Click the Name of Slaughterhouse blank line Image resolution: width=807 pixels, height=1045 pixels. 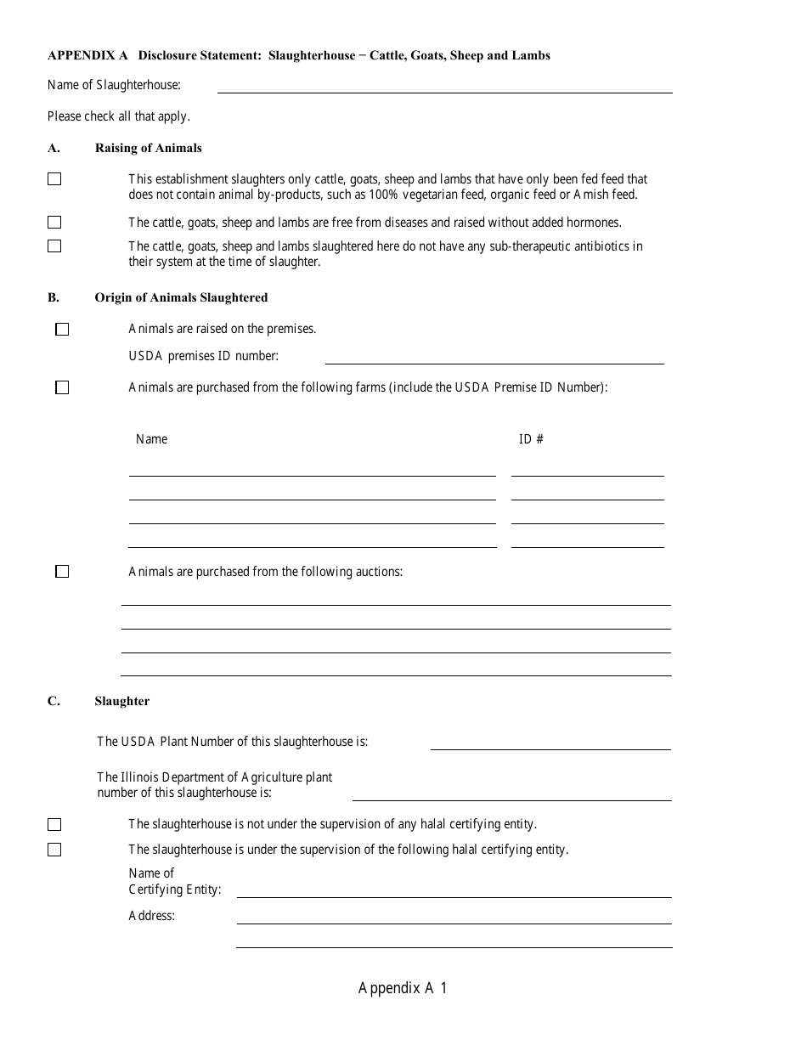(444, 87)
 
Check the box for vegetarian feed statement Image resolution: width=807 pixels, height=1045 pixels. (54, 179)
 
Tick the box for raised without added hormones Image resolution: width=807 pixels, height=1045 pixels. (54, 223)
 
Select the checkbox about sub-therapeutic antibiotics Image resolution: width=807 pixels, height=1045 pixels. (54, 246)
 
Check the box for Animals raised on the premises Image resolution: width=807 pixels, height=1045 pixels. (62, 330)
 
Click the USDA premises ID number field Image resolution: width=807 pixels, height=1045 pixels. (494, 358)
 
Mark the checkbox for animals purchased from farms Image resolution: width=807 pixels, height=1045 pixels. (62, 387)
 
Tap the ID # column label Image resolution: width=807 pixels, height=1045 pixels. (531, 439)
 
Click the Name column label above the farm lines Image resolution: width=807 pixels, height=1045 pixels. (151, 439)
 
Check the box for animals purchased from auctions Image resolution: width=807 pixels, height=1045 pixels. (62, 572)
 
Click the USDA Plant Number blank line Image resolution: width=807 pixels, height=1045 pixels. (550, 743)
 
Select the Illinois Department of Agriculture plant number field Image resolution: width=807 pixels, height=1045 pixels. (511, 794)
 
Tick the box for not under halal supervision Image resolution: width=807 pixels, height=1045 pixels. (54, 825)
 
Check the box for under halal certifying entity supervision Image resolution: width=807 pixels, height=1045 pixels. (54, 850)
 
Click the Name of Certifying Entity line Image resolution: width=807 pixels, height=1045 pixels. (454, 891)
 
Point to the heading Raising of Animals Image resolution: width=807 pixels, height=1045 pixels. (149, 148)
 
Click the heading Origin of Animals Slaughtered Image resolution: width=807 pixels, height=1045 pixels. (181, 297)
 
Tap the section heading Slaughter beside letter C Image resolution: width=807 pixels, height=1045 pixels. (122, 701)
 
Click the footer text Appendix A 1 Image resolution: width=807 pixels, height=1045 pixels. (403, 988)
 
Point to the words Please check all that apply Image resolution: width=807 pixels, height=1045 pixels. (119, 116)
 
